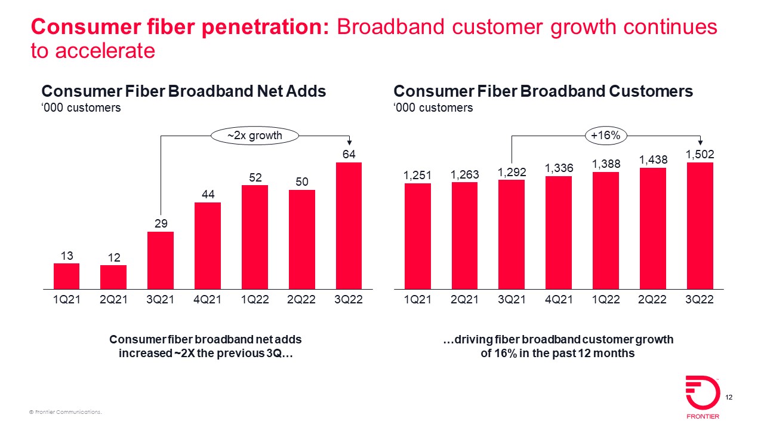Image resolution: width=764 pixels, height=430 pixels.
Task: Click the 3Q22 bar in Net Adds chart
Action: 349,226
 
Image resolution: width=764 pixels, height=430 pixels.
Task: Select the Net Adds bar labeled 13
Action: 66,277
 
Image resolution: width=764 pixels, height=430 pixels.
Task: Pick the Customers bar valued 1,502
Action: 700,226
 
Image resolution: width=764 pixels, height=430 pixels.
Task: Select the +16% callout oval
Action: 605,136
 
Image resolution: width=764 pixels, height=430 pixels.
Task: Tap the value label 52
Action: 255,177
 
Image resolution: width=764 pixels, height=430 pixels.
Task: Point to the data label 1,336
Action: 559,168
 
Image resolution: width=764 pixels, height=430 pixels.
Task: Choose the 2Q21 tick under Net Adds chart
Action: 113,300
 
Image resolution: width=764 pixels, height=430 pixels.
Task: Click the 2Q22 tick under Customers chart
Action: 652,300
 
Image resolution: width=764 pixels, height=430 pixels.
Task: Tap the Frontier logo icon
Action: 703,392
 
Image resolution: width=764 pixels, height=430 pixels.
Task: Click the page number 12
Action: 729,398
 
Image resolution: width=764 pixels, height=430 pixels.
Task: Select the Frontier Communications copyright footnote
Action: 66,413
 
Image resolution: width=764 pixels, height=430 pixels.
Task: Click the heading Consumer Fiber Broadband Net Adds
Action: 184,91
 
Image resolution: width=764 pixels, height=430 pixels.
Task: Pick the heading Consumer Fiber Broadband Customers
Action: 543,91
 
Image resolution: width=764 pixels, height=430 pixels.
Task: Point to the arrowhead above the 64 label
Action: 349,142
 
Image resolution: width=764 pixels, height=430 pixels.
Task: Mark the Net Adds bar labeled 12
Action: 113,278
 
